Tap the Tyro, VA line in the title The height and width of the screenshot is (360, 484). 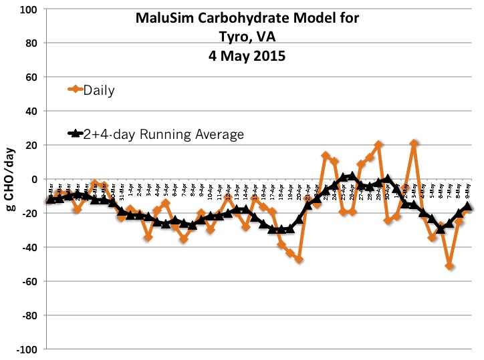tap(247, 37)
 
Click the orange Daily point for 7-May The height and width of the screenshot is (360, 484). tap(450, 266)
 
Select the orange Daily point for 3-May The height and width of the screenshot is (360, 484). tap(414, 144)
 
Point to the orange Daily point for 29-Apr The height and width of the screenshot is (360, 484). tap(379, 145)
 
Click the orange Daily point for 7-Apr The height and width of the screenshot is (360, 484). tap(183, 238)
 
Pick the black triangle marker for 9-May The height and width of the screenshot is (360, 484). tap(468, 207)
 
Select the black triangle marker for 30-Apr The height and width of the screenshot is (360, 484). tap(388, 180)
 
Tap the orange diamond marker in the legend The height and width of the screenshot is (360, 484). tap(76, 89)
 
